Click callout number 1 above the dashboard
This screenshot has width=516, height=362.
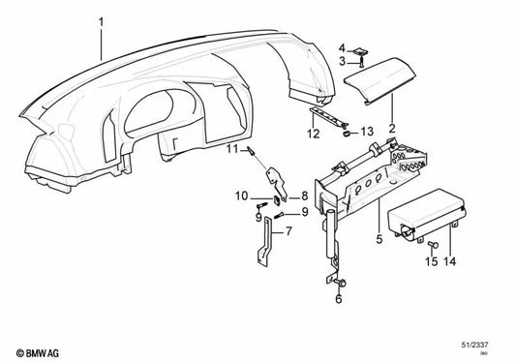[100, 17]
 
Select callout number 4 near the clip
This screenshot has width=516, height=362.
[342, 48]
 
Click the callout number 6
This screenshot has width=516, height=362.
[339, 299]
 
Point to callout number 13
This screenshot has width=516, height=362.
[367, 133]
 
